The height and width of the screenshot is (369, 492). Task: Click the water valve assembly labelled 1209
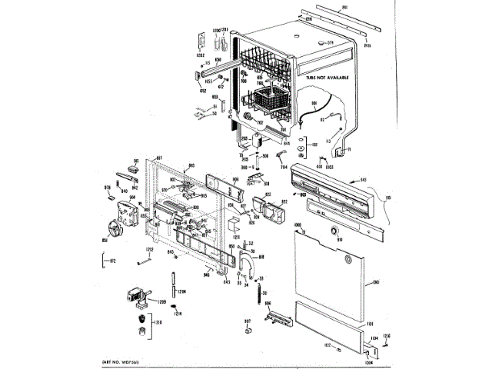(x=135, y=296)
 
